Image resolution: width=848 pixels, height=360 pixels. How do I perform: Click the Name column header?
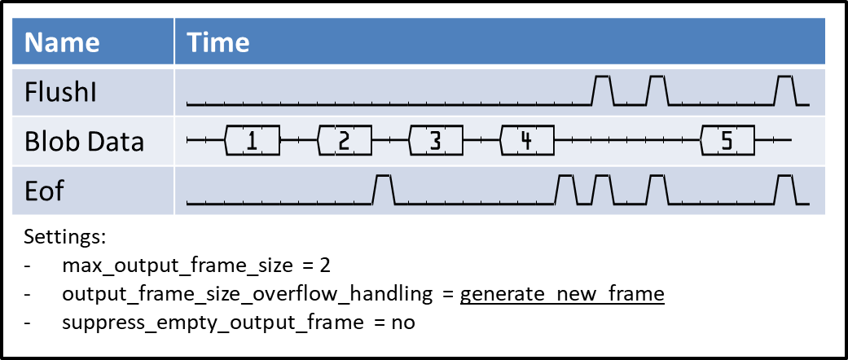(62, 42)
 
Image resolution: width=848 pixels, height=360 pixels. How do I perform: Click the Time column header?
(218, 42)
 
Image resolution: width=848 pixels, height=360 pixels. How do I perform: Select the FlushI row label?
(61, 91)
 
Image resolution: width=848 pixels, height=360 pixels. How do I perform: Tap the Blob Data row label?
(84, 141)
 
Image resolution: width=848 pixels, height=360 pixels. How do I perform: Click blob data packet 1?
(252, 141)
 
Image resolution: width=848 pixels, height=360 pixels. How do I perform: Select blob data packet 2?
(344, 141)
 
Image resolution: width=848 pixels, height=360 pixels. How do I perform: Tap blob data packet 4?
(527, 141)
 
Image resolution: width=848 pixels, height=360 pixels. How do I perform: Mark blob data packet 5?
(727, 141)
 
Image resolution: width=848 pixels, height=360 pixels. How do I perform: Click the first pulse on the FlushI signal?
(603, 90)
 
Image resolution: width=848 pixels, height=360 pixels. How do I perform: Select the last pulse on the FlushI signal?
(785, 90)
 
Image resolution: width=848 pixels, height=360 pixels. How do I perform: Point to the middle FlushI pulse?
(657, 90)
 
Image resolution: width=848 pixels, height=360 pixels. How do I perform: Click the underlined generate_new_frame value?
(562, 294)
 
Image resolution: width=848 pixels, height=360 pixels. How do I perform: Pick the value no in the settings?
(402, 323)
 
